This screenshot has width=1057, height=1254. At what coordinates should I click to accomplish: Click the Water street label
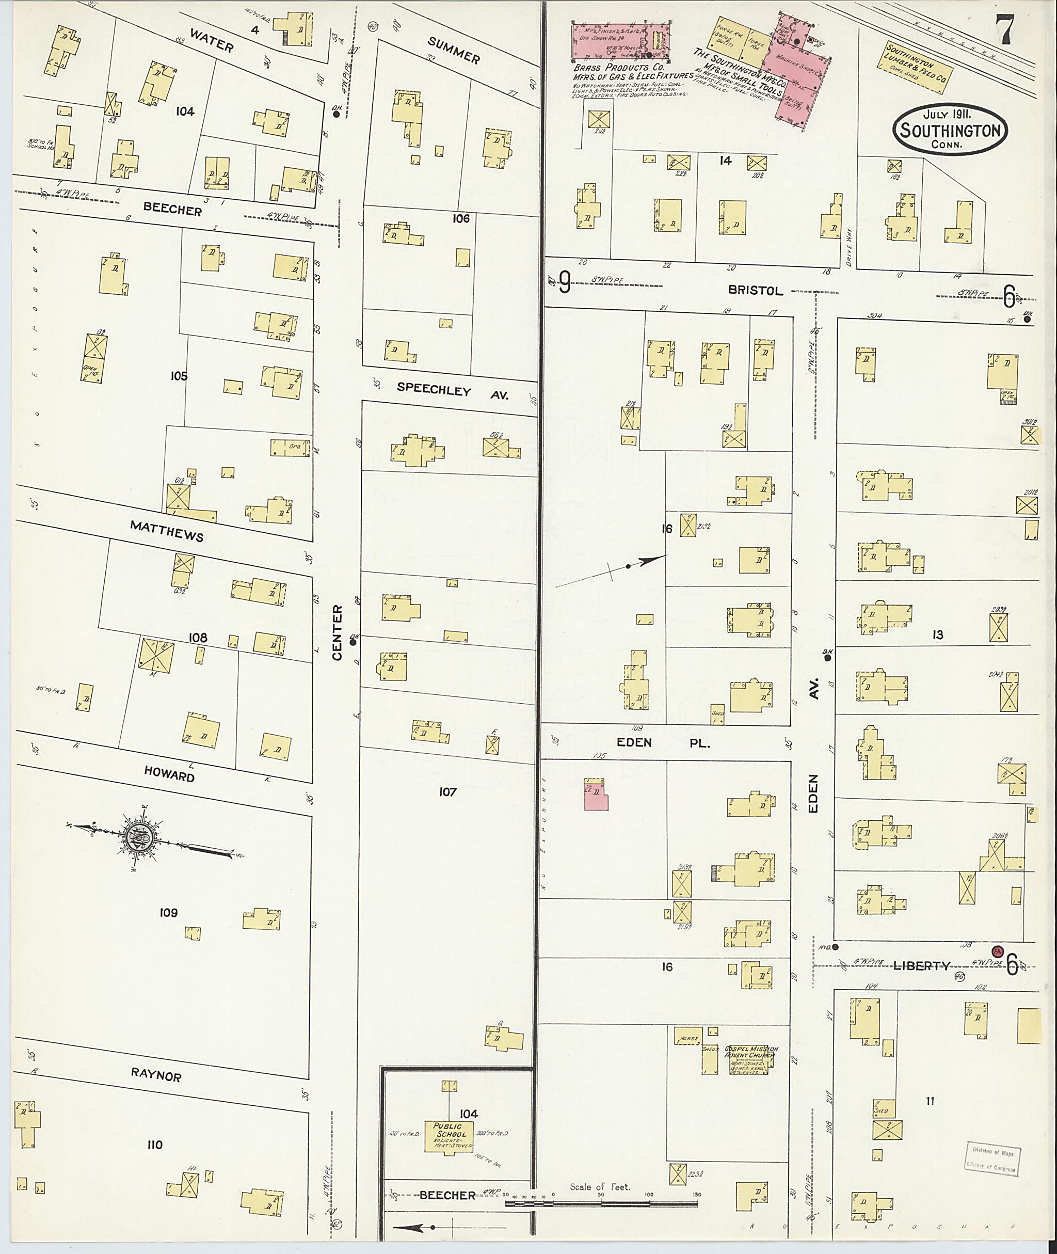(x=212, y=41)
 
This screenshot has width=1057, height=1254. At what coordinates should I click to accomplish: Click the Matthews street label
(x=167, y=531)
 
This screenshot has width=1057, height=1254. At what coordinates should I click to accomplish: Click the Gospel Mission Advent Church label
(x=751, y=1054)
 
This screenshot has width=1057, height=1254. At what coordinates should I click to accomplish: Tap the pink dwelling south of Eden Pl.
(x=596, y=796)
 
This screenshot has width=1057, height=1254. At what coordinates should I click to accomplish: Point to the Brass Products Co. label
(x=618, y=69)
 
